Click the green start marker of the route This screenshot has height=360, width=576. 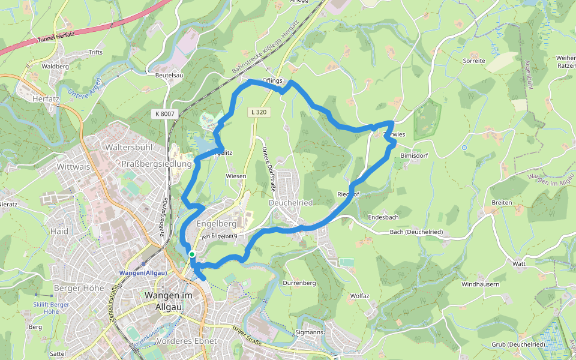click(191, 254)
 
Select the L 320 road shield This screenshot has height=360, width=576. click(258, 112)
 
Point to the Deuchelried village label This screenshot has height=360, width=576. click(291, 203)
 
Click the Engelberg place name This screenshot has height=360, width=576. click(217, 223)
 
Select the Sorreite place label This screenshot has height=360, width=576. click(473, 61)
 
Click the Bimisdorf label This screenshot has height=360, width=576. click(413, 155)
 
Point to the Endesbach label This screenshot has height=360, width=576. click(383, 216)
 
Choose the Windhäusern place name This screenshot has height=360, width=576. click(480, 284)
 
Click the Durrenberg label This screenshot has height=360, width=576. click(299, 282)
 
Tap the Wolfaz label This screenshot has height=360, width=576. click(359, 296)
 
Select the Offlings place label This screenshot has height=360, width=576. click(272, 81)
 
